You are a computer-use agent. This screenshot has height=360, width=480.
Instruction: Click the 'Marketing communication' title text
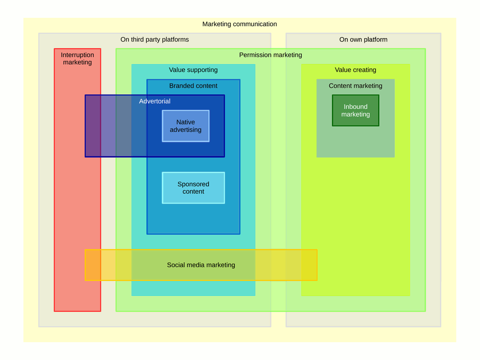(240, 24)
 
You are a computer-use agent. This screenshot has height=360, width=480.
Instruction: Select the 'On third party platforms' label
(155, 39)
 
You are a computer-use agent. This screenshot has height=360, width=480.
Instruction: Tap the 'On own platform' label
(363, 39)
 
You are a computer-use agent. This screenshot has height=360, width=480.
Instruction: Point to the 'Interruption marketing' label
(77, 59)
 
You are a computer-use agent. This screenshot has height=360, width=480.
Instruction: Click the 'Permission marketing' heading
(270, 55)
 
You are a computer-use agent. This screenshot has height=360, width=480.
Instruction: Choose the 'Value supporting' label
(193, 70)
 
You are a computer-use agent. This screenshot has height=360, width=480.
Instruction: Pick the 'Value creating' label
(355, 70)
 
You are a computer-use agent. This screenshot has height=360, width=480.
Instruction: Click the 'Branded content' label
(193, 86)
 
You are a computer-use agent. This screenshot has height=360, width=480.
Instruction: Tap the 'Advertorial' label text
(155, 101)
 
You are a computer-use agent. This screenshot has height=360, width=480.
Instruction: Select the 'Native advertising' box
(186, 126)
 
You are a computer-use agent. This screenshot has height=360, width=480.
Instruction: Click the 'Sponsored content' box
(193, 187)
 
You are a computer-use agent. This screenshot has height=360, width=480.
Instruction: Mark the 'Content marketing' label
(355, 86)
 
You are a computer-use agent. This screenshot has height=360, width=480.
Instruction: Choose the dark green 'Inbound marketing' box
(355, 110)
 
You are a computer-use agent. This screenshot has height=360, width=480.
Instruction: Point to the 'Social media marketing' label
(201, 265)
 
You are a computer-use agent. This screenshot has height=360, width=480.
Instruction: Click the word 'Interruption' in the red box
(77, 55)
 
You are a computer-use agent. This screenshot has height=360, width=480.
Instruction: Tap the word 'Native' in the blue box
(186, 122)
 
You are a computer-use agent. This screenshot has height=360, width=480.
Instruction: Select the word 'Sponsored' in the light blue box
(193, 184)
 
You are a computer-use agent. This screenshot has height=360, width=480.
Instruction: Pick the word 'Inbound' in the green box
(355, 106)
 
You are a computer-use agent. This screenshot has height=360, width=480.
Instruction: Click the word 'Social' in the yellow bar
(175, 265)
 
